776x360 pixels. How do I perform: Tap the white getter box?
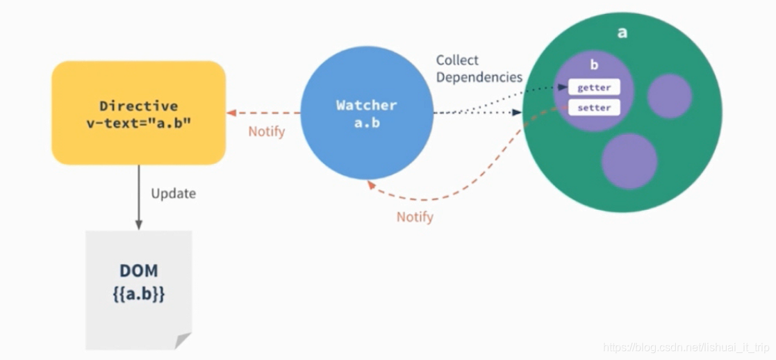point(594,88)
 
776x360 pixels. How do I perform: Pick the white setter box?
point(594,108)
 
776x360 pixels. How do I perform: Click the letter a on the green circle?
point(622,32)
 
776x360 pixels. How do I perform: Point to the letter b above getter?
point(594,65)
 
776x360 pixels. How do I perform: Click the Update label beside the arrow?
point(173,193)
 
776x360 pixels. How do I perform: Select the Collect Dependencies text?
point(479,69)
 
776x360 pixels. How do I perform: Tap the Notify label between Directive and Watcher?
point(267,131)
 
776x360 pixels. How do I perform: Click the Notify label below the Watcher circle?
point(415,218)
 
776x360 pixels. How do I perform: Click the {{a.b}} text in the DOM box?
point(138,293)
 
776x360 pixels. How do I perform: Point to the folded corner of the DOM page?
point(183,340)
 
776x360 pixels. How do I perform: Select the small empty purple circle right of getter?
point(669,96)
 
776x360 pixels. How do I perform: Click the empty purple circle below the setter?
point(629,161)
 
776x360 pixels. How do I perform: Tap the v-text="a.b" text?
point(138,122)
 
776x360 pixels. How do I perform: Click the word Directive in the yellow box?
point(138,106)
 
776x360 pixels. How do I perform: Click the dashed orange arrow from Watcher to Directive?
point(264,113)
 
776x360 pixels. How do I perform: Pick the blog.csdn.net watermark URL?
point(687,346)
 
